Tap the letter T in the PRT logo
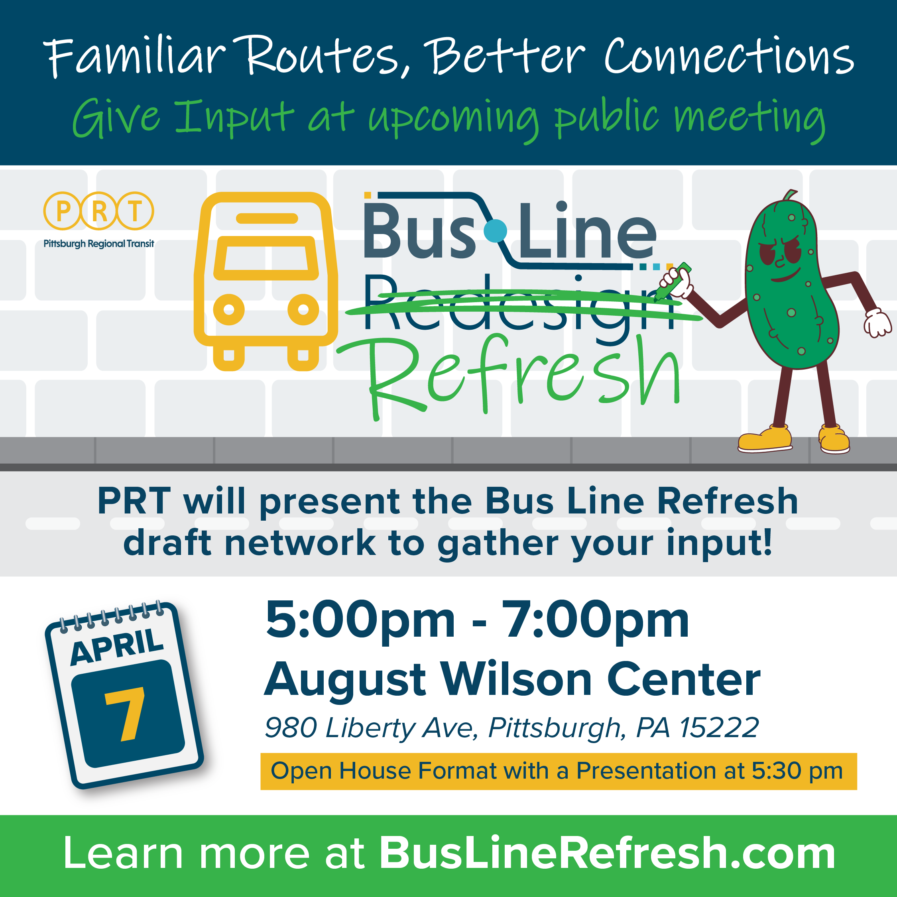click(135, 211)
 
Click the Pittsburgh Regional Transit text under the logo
click(98, 244)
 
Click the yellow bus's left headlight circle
click(228, 309)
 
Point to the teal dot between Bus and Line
click(495, 231)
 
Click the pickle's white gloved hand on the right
click(877, 322)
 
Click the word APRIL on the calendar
click(117, 647)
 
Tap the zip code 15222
click(719, 728)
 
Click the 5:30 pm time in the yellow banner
click(797, 771)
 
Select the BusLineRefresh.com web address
click(607, 854)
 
